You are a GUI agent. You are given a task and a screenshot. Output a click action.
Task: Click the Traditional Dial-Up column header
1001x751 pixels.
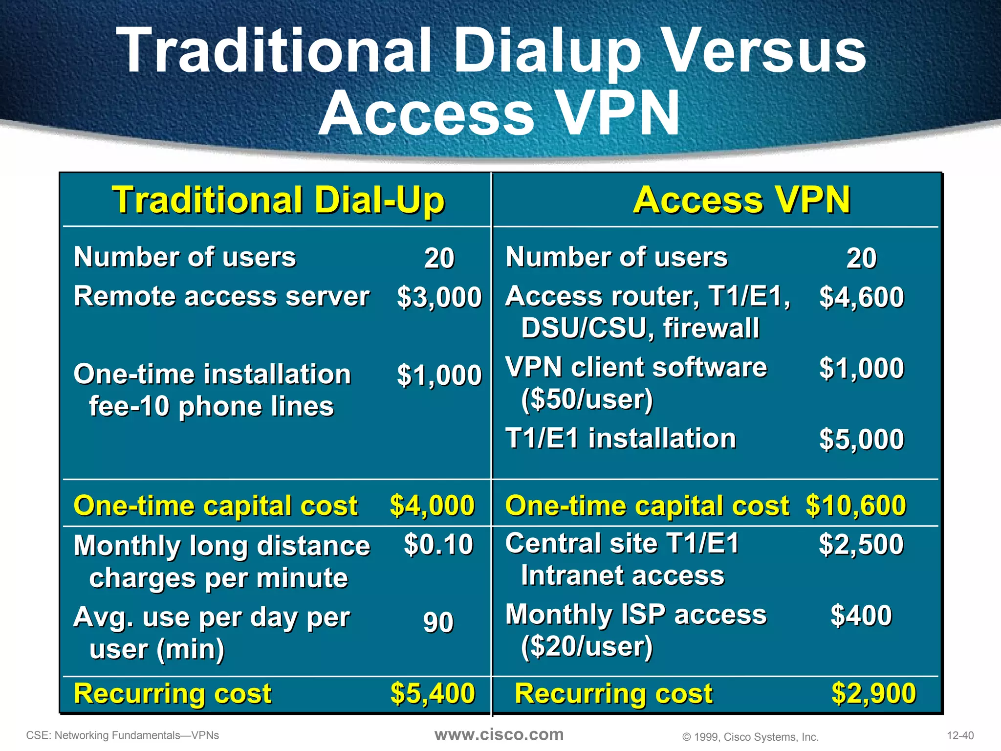tap(278, 200)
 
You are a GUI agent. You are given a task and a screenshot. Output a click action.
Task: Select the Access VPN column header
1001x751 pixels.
tap(741, 200)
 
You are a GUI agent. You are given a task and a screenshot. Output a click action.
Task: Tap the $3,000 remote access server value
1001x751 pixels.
tap(439, 297)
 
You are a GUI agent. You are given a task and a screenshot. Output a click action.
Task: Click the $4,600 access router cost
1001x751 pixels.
tap(861, 297)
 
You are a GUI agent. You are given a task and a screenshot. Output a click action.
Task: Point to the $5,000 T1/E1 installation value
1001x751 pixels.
tap(861, 439)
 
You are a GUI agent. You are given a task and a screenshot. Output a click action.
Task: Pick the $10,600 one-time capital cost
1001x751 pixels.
tap(855, 506)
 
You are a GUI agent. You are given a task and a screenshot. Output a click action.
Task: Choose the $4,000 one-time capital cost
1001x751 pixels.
tap(432, 506)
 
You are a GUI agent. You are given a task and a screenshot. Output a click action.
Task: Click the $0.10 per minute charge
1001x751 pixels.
tap(438, 545)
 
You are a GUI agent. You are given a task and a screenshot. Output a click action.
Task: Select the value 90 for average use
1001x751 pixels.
tap(438, 622)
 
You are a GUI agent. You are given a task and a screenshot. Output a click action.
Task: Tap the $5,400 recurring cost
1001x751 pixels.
tap(433, 693)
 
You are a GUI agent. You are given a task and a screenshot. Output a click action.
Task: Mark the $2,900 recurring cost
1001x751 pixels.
tap(873, 693)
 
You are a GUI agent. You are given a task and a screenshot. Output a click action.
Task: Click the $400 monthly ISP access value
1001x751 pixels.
tap(861, 615)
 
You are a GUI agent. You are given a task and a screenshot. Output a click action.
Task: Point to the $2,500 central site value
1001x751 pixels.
tap(861, 544)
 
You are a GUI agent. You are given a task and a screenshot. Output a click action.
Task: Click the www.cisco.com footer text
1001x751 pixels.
tap(499, 734)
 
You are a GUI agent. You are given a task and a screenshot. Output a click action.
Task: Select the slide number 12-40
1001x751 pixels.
tap(960, 735)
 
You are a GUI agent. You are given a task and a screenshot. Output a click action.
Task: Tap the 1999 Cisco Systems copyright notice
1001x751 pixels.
tap(750, 737)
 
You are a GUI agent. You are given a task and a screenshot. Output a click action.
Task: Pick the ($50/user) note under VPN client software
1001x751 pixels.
tap(587, 399)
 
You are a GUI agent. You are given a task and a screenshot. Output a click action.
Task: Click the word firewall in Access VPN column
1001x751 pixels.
tap(711, 328)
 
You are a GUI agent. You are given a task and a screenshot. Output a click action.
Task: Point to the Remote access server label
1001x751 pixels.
tap(221, 296)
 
